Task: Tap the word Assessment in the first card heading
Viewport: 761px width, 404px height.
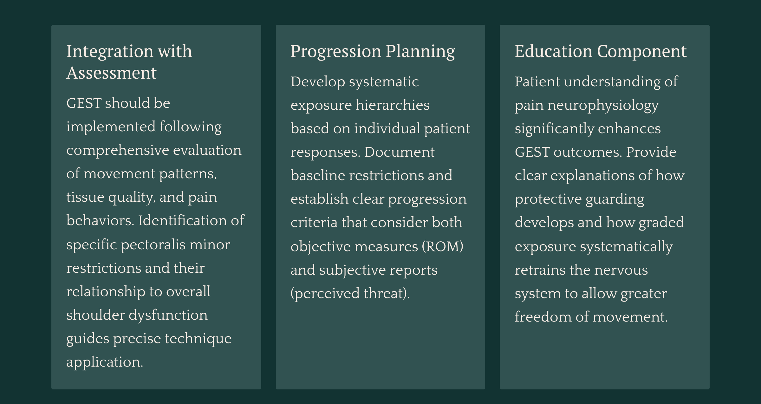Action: pyautogui.click(x=112, y=73)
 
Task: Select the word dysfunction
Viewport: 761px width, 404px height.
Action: pyautogui.click(x=168, y=315)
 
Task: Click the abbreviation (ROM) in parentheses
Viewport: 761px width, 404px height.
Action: pyautogui.click(x=443, y=247)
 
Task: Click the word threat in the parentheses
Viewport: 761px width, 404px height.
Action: pyautogui.click(x=386, y=293)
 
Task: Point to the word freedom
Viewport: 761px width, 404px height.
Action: pyautogui.click(x=543, y=317)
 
